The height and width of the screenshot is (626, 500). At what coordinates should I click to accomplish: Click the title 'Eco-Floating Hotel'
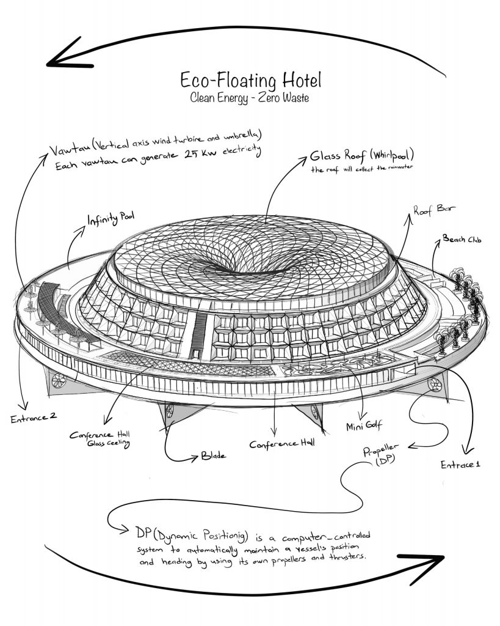pos(250,80)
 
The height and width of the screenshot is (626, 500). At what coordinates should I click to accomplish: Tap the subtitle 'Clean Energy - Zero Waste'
pos(250,97)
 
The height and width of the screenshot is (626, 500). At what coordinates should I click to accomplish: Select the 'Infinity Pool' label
pos(111,218)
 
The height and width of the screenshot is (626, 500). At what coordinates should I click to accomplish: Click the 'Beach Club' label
pos(462,240)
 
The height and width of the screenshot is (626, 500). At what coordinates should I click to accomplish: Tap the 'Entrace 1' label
pos(460,465)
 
